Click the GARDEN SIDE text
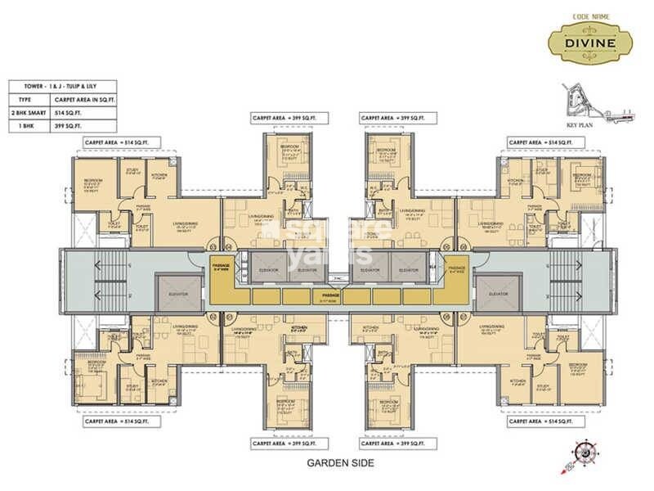(339, 463)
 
